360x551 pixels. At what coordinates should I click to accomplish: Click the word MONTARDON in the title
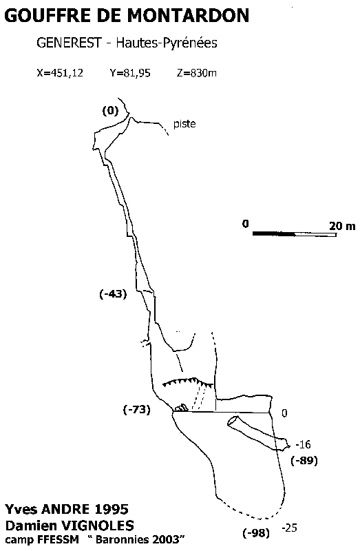(188, 15)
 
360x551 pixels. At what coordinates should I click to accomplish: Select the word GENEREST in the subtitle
(68, 43)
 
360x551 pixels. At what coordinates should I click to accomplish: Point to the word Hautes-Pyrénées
(167, 43)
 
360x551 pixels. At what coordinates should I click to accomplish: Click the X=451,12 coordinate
(60, 73)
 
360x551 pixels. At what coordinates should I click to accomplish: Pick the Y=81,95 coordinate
(130, 73)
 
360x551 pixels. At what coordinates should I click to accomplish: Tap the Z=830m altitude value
(197, 73)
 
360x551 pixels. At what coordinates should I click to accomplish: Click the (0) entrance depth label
(111, 111)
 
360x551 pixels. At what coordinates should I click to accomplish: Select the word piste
(184, 124)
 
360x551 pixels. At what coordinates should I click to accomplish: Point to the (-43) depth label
(113, 294)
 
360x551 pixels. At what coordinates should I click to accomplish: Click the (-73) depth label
(137, 409)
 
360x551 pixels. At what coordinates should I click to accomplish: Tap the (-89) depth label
(304, 460)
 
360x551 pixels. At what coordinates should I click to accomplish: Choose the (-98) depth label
(256, 533)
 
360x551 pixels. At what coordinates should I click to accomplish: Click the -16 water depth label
(303, 444)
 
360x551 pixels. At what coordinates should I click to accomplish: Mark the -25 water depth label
(289, 528)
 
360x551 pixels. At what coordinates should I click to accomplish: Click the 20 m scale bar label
(342, 226)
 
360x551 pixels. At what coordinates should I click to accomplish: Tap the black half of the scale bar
(274, 233)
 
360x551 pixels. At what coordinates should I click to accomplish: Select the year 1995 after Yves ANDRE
(112, 509)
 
